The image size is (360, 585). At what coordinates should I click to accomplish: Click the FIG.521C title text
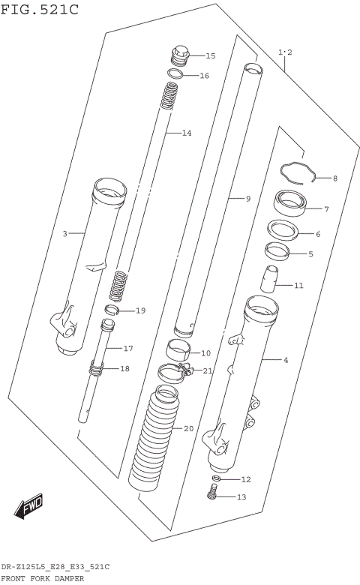[39, 9]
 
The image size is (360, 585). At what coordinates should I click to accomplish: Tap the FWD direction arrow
[29, 508]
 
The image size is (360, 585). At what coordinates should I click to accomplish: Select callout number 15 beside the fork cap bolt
[209, 55]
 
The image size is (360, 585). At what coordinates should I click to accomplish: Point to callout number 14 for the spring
[186, 133]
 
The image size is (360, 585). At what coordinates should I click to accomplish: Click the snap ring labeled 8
[298, 172]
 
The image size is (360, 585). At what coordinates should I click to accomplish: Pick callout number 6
[317, 234]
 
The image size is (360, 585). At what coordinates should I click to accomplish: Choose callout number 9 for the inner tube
[247, 198]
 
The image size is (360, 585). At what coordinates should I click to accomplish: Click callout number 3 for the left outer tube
[64, 234]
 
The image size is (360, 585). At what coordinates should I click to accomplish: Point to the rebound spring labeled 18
[97, 367]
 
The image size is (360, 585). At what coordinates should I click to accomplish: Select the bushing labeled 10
[178, 350]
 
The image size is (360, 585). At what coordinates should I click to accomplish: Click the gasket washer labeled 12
[216, 478]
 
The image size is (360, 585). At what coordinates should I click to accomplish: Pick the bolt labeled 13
[213, 493]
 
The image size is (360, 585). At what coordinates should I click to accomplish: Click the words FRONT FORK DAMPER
[42, 578]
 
